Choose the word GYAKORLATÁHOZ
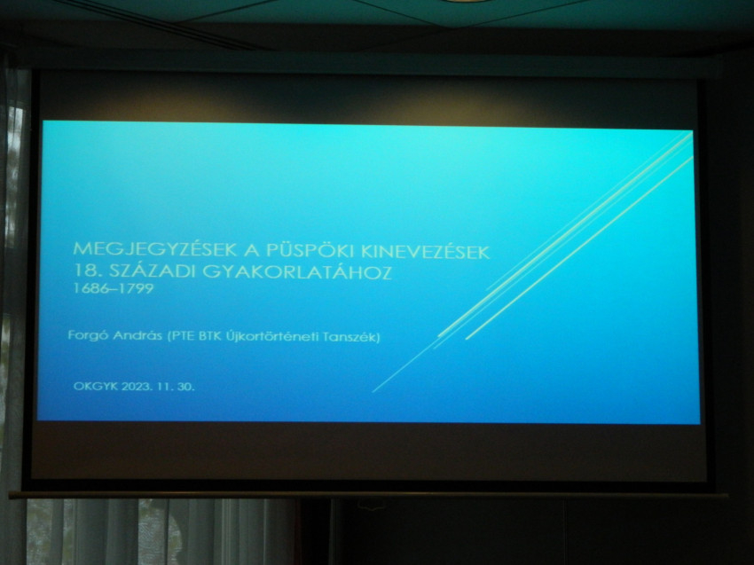tap(297, 272)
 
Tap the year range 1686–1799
tap(113, 288)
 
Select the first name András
tap(137, 335)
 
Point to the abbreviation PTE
tap(182, 335)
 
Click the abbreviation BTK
tap(210, 336)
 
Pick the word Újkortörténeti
tap(272, 336)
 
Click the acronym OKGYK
tap(95, 386)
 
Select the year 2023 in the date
tap(137, 386)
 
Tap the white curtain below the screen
tap(159, 531)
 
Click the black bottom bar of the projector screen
tap(368, 494)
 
